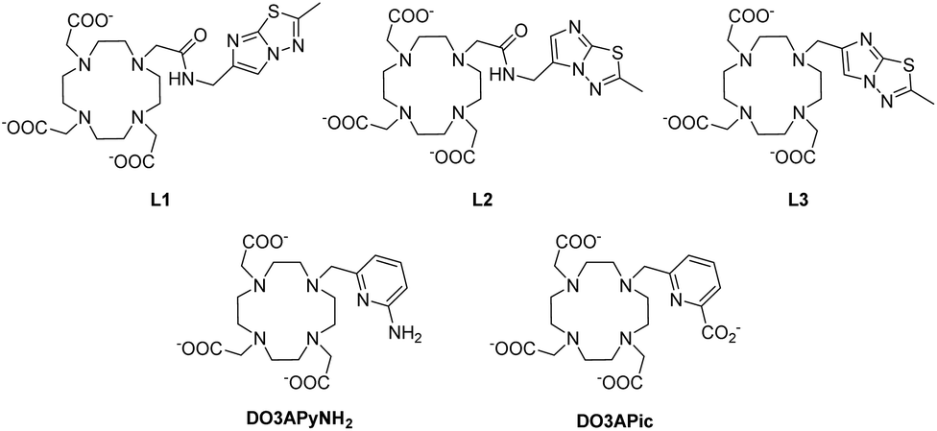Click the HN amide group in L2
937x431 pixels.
[x=502, y=78]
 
